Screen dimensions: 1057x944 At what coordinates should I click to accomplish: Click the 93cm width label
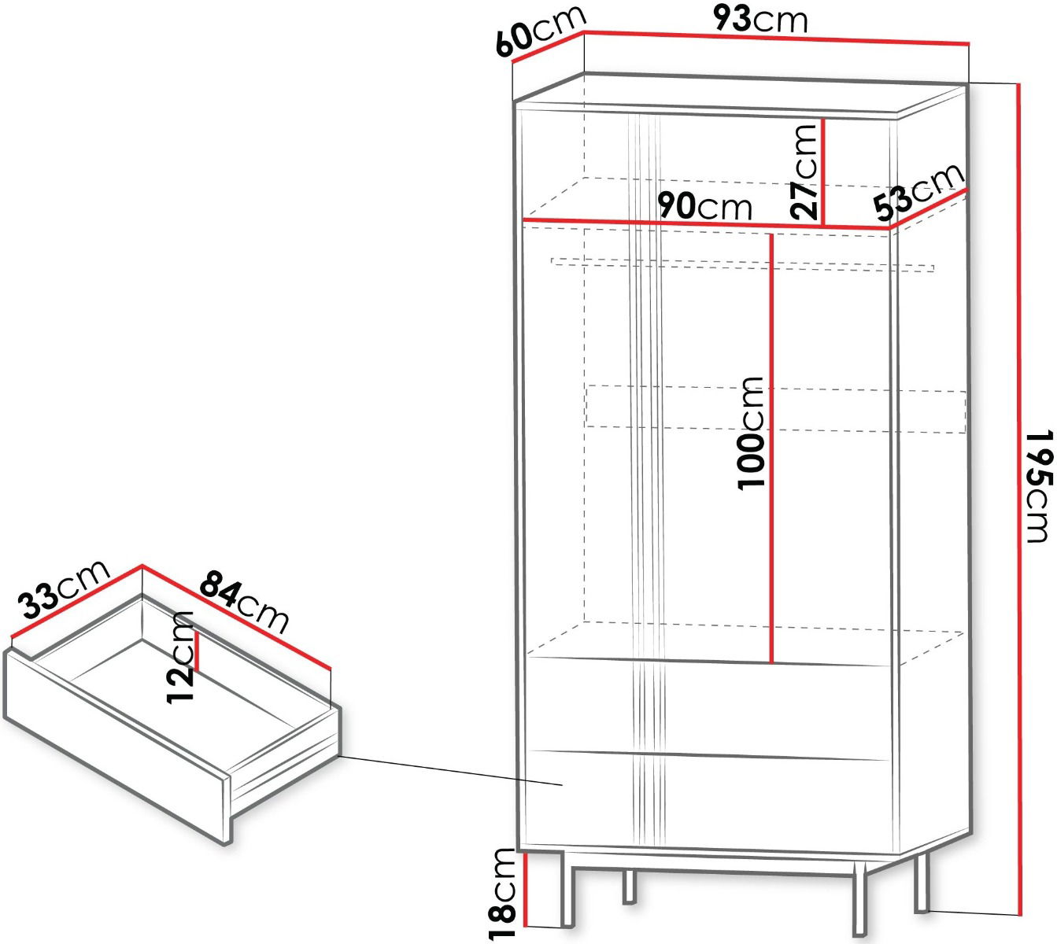point(760,20)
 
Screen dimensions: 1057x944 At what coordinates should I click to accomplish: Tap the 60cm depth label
point(541,31)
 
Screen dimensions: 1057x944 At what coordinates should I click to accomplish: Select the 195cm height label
point(1037,486)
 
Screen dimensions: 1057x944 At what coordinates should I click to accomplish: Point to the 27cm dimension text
point(803,171)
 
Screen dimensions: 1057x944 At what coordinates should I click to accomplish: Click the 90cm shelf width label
point(704,205)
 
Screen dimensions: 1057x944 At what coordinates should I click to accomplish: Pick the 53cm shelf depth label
point(919,191)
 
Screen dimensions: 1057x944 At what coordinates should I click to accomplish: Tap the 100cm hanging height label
point(751,433)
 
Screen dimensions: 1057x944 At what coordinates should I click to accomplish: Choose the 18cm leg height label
point(502,894)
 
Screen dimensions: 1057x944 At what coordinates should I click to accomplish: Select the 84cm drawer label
point(244,602)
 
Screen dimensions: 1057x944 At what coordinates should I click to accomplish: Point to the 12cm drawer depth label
point(180,657)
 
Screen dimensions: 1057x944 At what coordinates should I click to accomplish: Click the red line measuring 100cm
point(771,448)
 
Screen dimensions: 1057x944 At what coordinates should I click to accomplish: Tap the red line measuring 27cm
point(822,172)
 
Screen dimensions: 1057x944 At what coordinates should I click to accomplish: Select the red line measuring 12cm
point(198,651)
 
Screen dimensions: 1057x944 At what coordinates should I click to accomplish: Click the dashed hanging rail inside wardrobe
point(742,264)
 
